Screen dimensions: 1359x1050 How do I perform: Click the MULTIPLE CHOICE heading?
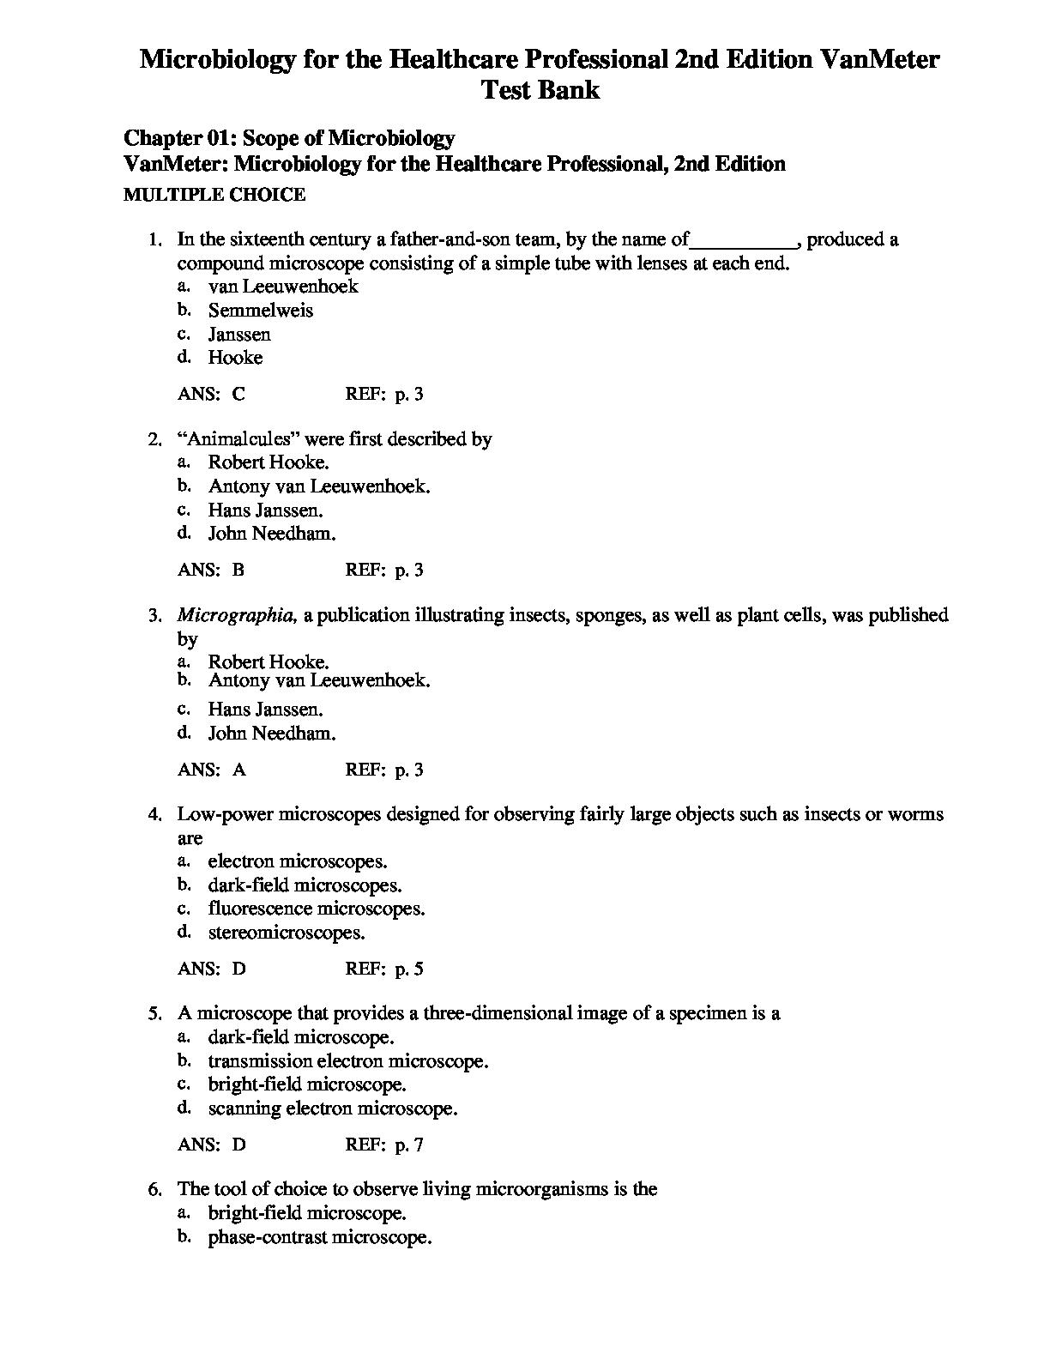[x=214, y=195]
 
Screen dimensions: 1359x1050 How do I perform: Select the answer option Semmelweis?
[x=260, y=311]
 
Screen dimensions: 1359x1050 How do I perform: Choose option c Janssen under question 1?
[x=239, y=335]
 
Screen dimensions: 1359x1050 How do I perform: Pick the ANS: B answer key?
[x=211, y=570]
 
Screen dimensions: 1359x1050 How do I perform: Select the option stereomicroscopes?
[x=287, y=933]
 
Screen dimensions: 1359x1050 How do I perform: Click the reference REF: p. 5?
[x=384, y=969]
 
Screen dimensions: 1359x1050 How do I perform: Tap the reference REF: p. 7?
[x=384, y=1145]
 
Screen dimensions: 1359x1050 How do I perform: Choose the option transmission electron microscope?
[x=347, y=1061]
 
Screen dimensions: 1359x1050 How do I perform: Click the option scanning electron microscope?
[x=333, y=1108]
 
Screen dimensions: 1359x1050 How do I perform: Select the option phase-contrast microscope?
[x=319, y=1238]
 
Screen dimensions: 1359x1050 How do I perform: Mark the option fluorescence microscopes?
[x=317, y=909]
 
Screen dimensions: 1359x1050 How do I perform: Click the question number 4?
[x=154, y=814]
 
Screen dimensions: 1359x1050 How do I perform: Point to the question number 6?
[x=154, y=1189]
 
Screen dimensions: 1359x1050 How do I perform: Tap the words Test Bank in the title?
[x=540, y=90]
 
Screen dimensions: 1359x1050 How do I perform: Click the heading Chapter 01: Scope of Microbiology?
[x=289, y=138]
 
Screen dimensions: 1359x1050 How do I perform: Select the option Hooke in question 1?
[x=235, y=358]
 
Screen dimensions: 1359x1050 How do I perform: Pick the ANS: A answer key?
[x=211, y=770]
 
